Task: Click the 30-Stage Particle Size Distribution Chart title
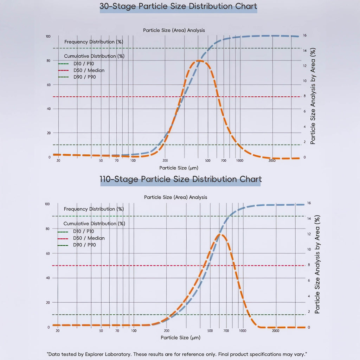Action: pos(178,6)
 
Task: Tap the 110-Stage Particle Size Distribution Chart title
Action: pos(181,179)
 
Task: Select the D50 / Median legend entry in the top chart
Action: pos(89,70)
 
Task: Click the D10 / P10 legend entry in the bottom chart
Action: pos(83,231)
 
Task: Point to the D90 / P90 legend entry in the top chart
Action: pos(84,77)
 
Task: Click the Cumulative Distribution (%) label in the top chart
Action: pos(94,56)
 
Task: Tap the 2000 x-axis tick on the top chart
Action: pos(272,161)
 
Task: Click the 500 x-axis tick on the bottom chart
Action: pos(210,331)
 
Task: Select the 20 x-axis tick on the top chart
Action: pos(58,161)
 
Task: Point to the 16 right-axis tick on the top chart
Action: pos(305,36)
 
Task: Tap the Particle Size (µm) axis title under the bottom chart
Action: pos(180,338)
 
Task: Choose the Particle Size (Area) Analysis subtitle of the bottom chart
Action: pos(175,197)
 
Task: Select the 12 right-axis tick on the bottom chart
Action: pos(309,234)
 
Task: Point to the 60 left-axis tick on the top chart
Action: pos(49,85)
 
